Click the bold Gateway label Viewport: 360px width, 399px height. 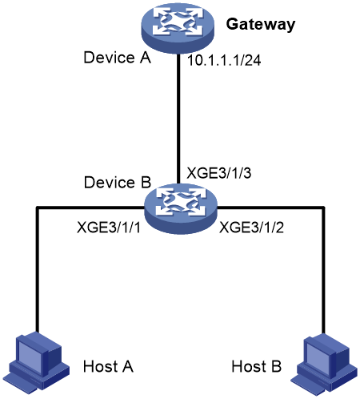pyautogui.click(x=261, y=25)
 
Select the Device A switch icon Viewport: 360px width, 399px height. pyautogui.click(x=178, y=27)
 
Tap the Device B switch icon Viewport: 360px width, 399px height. pyautogui.click(x=181, y=208)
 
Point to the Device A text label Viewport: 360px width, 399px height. pyautogui.click(x=117, y=58)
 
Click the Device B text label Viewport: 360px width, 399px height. pyautogui.click(x=118, y=183)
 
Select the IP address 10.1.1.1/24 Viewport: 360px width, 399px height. pyautogui.click(x=224, y=60)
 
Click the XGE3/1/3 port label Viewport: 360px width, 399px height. pyautogui.click(x=218, y=173)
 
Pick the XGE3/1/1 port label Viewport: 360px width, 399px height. pyautogui.click(x=108, y=228)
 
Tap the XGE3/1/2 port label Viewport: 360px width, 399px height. pyautogui.click(x=251, y=228)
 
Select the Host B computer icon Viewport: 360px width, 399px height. pyautogui.click(x=323, y=364)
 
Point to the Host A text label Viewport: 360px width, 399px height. pyautogui.click(x=108, y=366)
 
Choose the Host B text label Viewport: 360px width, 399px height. pyautogui.click(x=256, y=366)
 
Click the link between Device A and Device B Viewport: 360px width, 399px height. pyautogui.click(x=178, y=119)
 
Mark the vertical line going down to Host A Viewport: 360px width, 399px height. pyautogui.click(x=38, y=270)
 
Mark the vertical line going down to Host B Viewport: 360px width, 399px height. pyautogui.click(x=324, y=270)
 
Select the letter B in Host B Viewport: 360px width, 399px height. pyautogui.click(x=277, y=366)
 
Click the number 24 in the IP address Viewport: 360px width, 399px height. pyautogui.click(x=253, y=61)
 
